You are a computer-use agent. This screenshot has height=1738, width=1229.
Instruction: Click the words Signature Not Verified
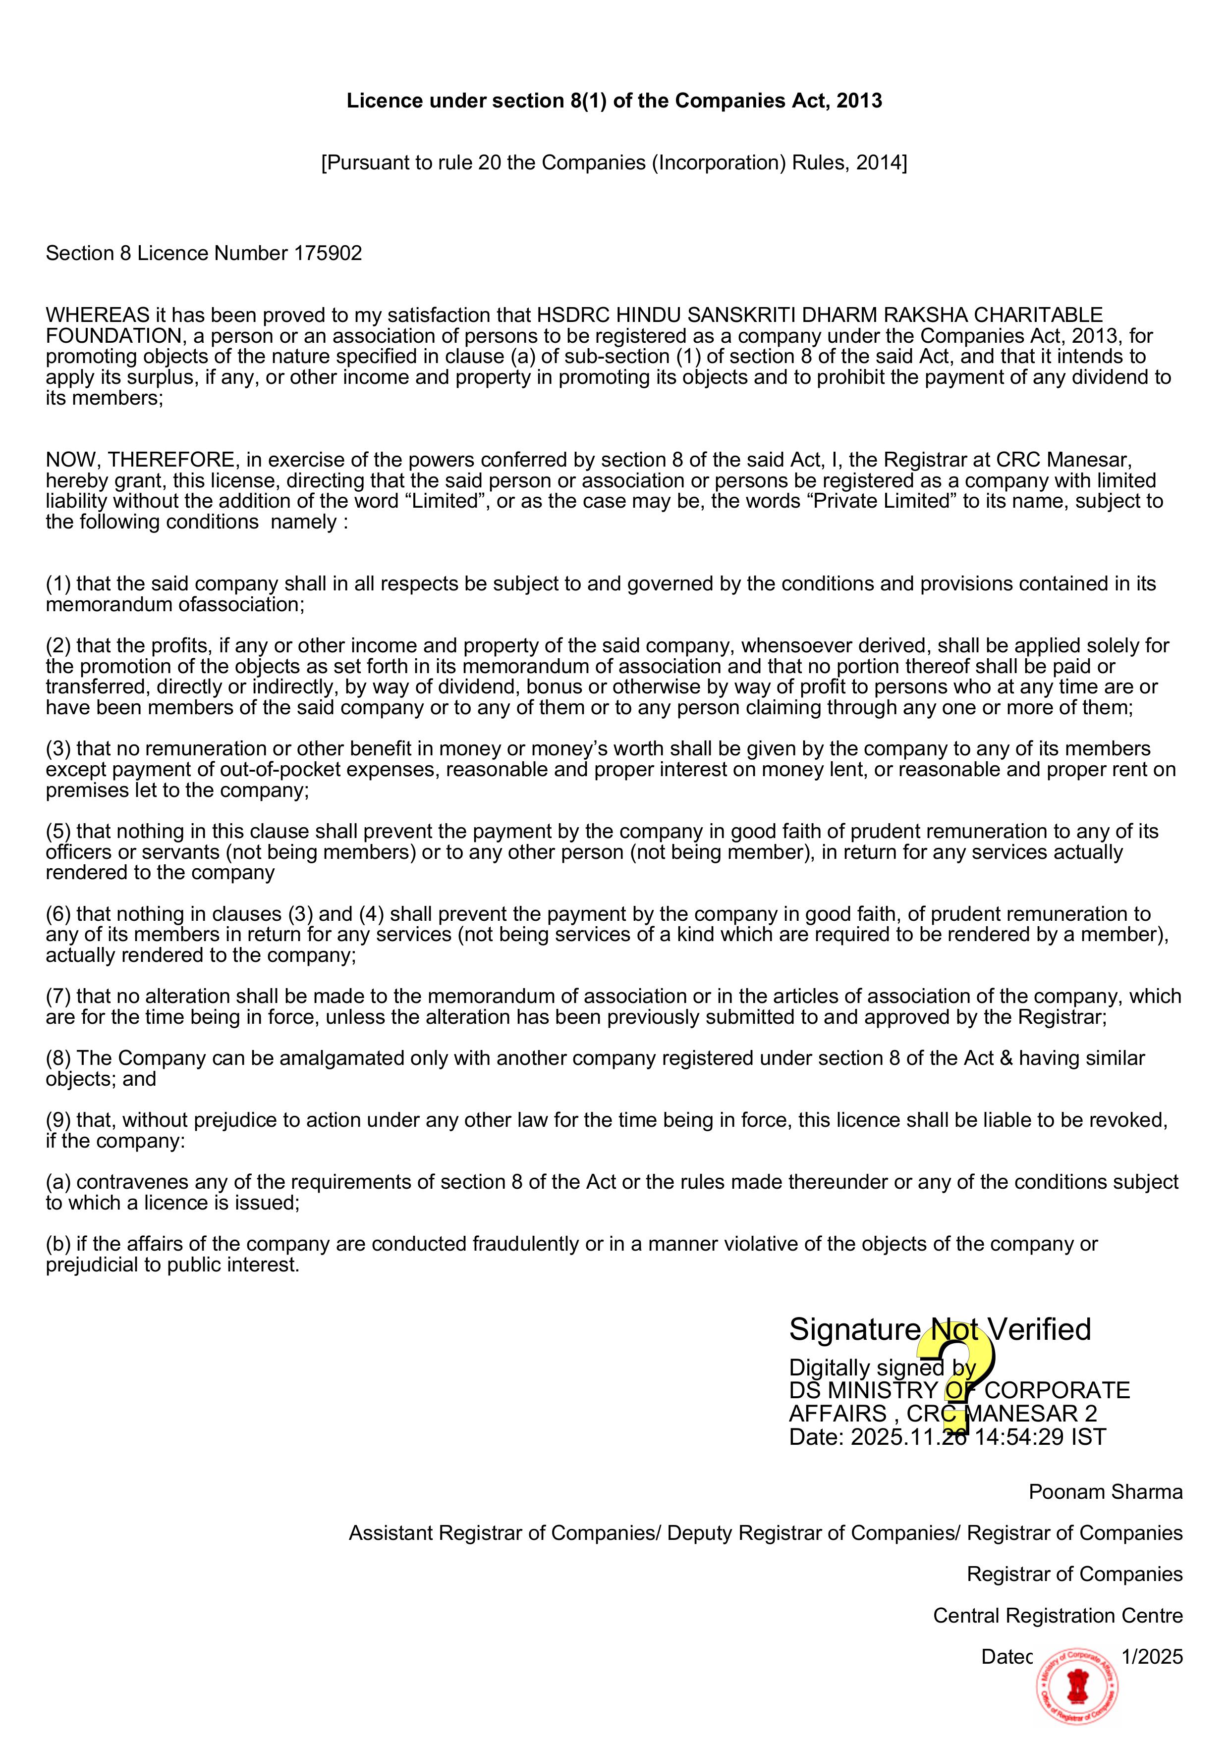[940, 1329]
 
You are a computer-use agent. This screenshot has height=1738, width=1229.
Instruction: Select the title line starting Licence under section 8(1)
[614, 101]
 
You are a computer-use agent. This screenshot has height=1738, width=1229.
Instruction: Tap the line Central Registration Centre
[1057, 1615]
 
